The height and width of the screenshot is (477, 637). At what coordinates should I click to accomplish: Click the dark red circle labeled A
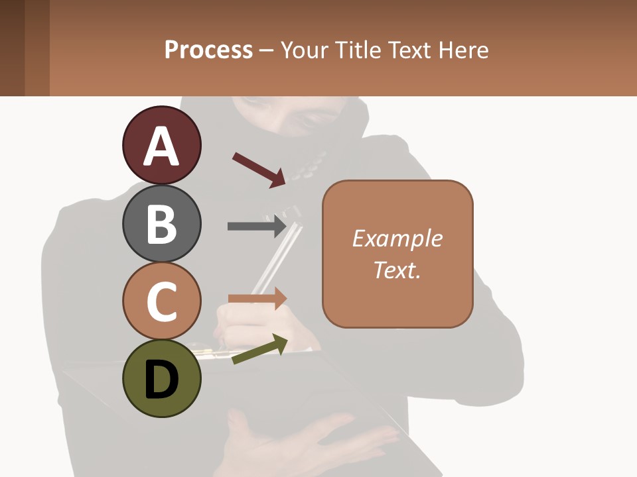click(x=161, y=146)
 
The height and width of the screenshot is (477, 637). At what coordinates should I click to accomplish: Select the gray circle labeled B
click(x=161, y=223)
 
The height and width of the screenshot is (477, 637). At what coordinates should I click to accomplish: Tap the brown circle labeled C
click(x=161, y=301)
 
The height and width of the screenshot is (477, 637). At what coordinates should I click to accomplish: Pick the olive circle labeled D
click(x=161, y=378)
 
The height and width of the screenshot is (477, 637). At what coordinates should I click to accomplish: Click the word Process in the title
click(x=208, y=50)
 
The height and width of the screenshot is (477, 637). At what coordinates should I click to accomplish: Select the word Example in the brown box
click(x=397, y=238)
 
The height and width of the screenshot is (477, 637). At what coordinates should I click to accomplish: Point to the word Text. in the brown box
click(x=397, y=270)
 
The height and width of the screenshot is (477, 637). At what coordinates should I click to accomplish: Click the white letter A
click(x=161, y=146)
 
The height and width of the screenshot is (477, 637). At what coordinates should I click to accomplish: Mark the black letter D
click(x=161, y=380)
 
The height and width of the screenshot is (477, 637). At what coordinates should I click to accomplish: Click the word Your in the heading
click(x=303, y=50)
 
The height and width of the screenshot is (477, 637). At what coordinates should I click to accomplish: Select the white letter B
click(x=161, y=224)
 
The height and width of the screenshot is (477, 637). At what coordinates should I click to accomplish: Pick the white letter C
click(x=161, y=301)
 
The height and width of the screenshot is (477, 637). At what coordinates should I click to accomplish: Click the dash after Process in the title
click(x=267, y=51)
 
